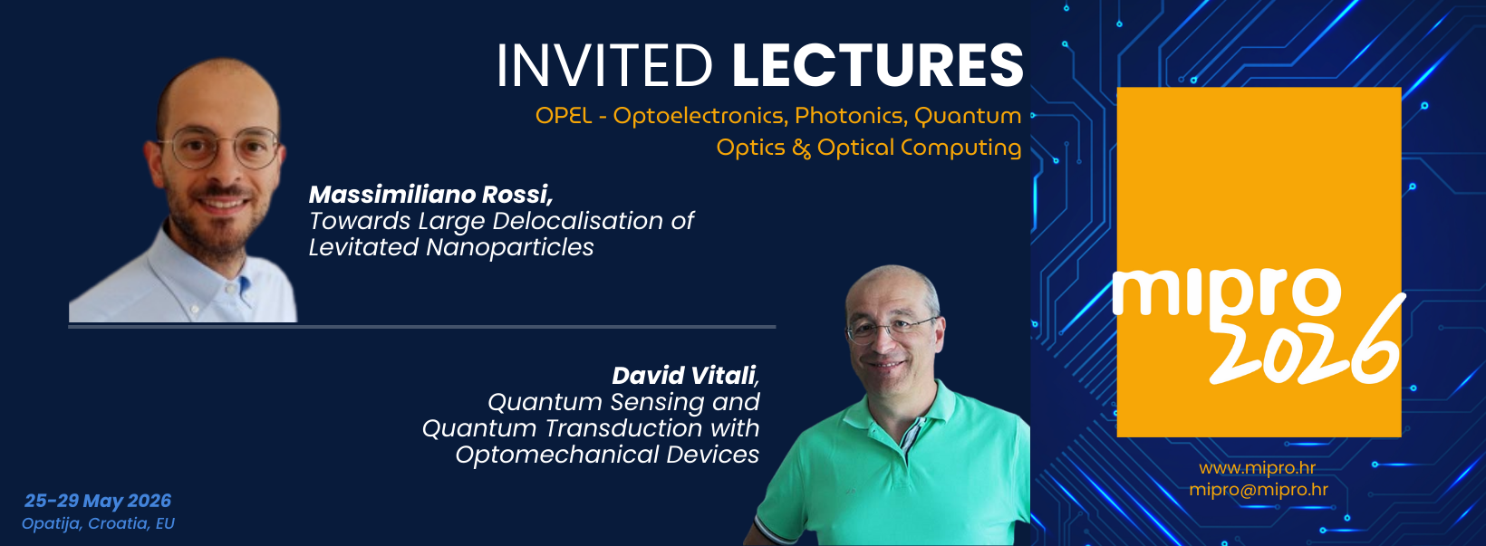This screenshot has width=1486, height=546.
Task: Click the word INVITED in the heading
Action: point(604,65)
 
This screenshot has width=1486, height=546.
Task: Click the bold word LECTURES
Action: point(878,65)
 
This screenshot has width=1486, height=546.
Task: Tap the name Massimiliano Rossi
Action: point(431,194)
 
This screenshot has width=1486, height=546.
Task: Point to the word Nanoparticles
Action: point(509,247)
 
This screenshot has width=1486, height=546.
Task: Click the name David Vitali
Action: point(685,376)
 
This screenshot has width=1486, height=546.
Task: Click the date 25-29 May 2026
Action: point(98,501)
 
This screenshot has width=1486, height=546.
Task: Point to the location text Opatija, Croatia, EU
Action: point(98,523)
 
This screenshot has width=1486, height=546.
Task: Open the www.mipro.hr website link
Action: point(1257,468)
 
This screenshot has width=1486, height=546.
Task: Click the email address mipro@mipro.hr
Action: point(1259,490)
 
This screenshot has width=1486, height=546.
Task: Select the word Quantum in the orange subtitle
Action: point(967,117)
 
